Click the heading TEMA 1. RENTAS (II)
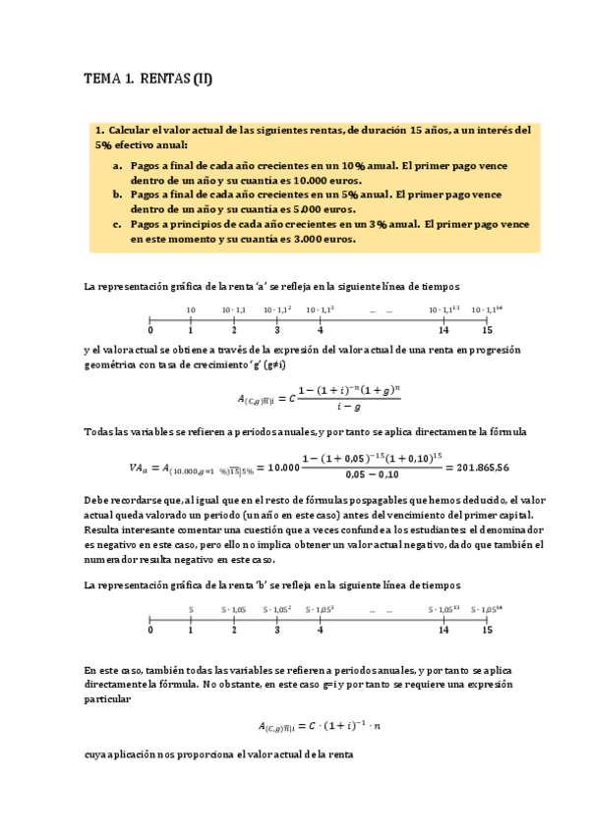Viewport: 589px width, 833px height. [x=147, y=80]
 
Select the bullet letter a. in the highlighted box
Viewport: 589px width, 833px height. [x=118, y=166]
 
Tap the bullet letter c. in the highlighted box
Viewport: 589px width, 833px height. [x=118, y=225]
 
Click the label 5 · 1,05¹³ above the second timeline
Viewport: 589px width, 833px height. [x=444, y=609]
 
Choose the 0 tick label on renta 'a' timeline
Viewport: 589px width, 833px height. [x=149, y=330]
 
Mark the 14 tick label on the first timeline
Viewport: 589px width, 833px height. [x=444, y=330]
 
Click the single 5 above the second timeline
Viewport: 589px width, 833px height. [x=191, y=609]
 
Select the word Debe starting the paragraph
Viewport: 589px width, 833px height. [x=98, y=501]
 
